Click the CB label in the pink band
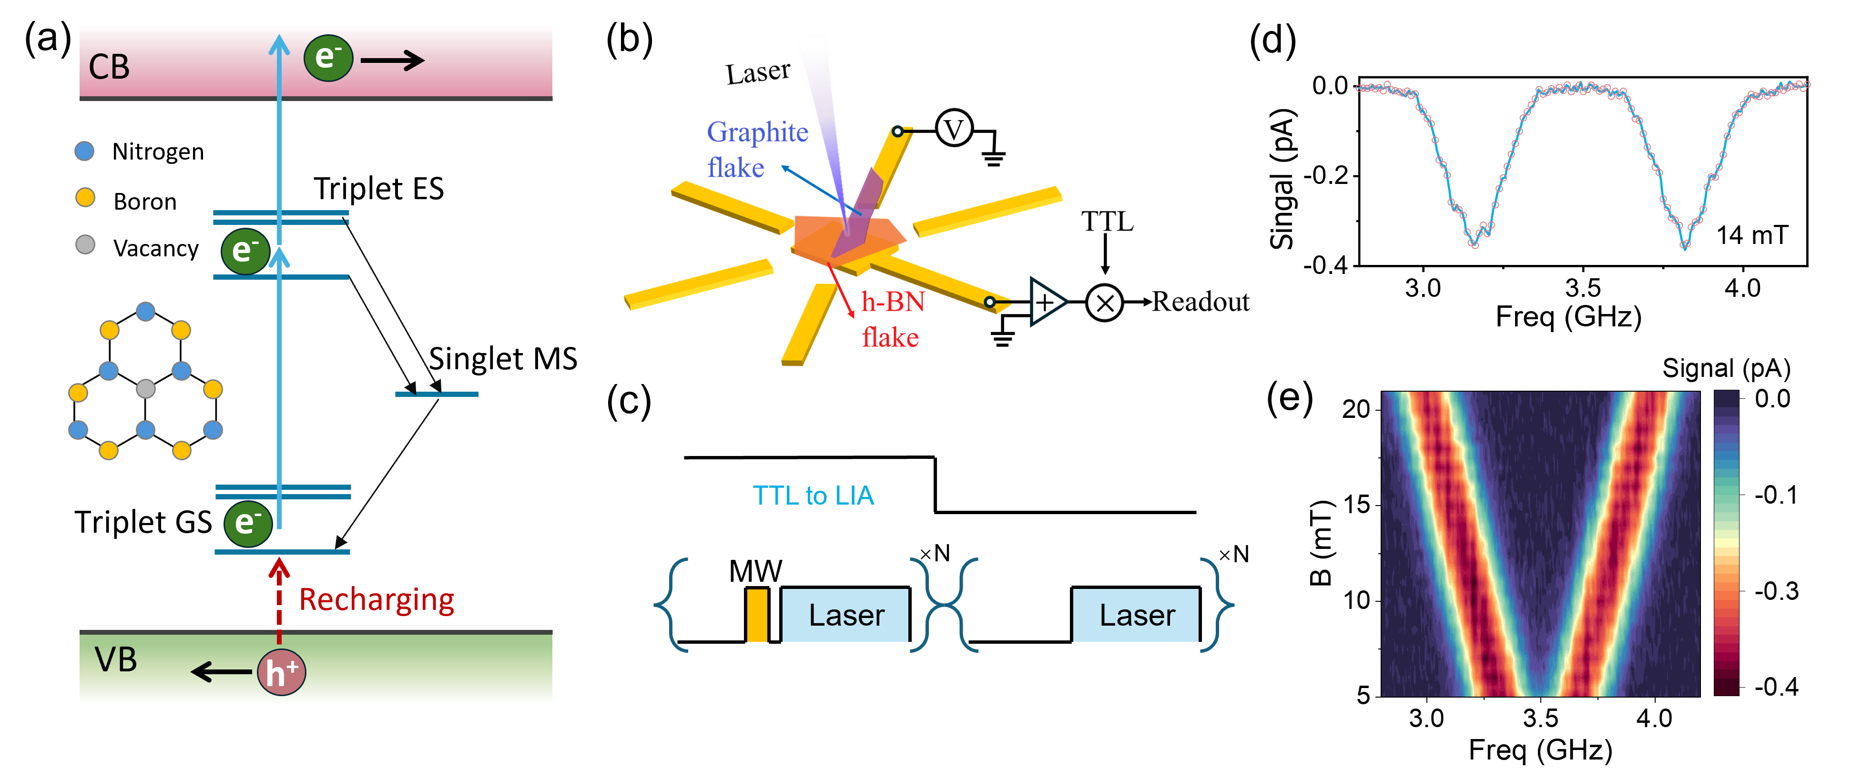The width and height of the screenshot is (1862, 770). [109, 67]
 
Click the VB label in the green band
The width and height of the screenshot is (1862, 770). [116, 660]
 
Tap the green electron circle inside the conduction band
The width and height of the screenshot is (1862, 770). [328, 58]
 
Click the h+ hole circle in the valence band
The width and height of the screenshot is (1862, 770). [281, 672]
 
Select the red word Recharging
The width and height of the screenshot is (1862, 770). [376, 599]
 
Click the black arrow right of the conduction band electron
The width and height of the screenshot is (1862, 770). [392, 60]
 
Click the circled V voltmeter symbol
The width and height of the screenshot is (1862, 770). [954, 129]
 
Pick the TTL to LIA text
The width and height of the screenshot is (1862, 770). [813, 495]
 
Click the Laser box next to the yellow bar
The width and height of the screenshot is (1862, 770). [845, 615]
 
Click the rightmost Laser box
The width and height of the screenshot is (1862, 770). [1136, 615]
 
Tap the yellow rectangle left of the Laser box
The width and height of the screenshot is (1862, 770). [757, 615]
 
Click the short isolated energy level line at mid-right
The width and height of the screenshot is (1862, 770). [437, 394]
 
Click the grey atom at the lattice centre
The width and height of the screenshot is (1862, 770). [146, 389]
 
